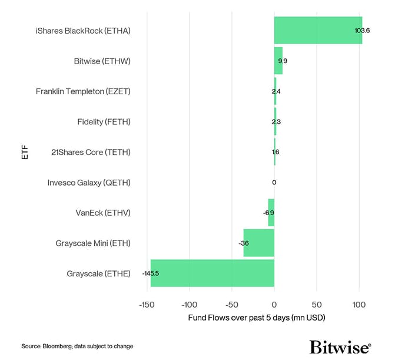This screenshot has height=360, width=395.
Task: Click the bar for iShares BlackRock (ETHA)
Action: click(x=318, y=30)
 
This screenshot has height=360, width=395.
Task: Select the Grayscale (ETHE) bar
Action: click(x=212, y=273)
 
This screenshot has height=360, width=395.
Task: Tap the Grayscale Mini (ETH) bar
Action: click(x=259, y=243)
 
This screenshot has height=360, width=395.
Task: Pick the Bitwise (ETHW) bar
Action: click(x=278, y=60)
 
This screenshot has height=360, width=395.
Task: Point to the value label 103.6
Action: click(x=362, y=30)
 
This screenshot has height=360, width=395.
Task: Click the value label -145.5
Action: click(x=151, y=273)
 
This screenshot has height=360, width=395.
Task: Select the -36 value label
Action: click(x=243, y=243)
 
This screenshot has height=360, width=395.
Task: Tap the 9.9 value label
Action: click(x=283, y=61)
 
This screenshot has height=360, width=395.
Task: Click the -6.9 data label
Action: click(x=268, y=213)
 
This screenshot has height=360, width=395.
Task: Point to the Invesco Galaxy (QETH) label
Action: click(x=89, y=183)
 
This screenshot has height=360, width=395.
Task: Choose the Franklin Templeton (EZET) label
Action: click(x=83, y=91)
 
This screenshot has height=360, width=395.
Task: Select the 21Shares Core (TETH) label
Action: click(x=90, y=152)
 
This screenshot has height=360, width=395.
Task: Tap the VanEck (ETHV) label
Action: click(x=99, y=213)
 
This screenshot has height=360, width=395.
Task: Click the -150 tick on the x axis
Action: click(x=147, y=305)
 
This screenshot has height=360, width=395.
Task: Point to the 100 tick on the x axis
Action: click(x=359, y=305)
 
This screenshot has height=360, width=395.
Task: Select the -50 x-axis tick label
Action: click(x=231, y=305)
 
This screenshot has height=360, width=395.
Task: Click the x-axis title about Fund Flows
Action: click(x=257, y=318)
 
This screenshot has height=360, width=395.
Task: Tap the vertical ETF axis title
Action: click(x=24, y=151)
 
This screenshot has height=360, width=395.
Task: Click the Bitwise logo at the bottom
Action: click(x=340, y=346)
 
